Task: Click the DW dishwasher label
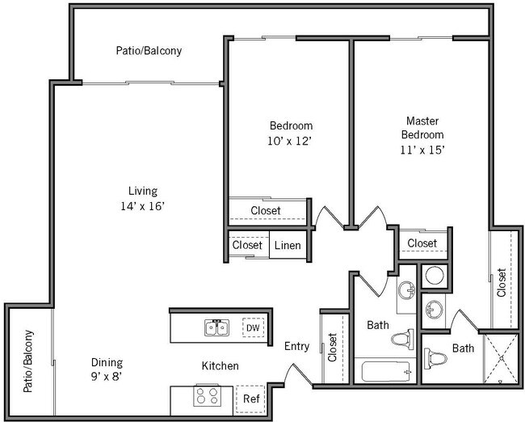(x=253, y=327)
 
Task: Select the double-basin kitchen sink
(x=216, y=327)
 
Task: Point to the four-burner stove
(x=206, y=397)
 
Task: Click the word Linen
(x=288, y=245)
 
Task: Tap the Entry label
(x=296, y=346)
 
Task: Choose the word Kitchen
(x=220, y=366)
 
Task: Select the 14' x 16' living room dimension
(x=142, y=205)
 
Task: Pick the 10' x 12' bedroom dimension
(x=291, y=141)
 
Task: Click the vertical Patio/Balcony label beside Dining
(x=29, y=361)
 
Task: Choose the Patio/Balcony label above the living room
(x=149, y=50)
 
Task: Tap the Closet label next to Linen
(x=247, y=245)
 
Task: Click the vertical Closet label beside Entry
(x=333, y=347)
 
